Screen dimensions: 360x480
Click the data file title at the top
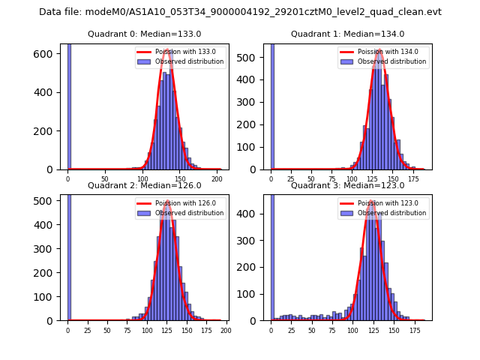(x=240, y=12)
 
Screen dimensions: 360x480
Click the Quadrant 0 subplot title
(x=144, y=34)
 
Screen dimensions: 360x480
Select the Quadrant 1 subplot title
(x=347, y=34)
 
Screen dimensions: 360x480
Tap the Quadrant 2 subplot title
(x=144, y=185)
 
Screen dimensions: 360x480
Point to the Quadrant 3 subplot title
(x=347, y=185)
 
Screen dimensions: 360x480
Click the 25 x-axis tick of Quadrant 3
(x=291, y=330)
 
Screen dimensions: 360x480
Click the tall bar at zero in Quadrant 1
(x=271, y=105)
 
